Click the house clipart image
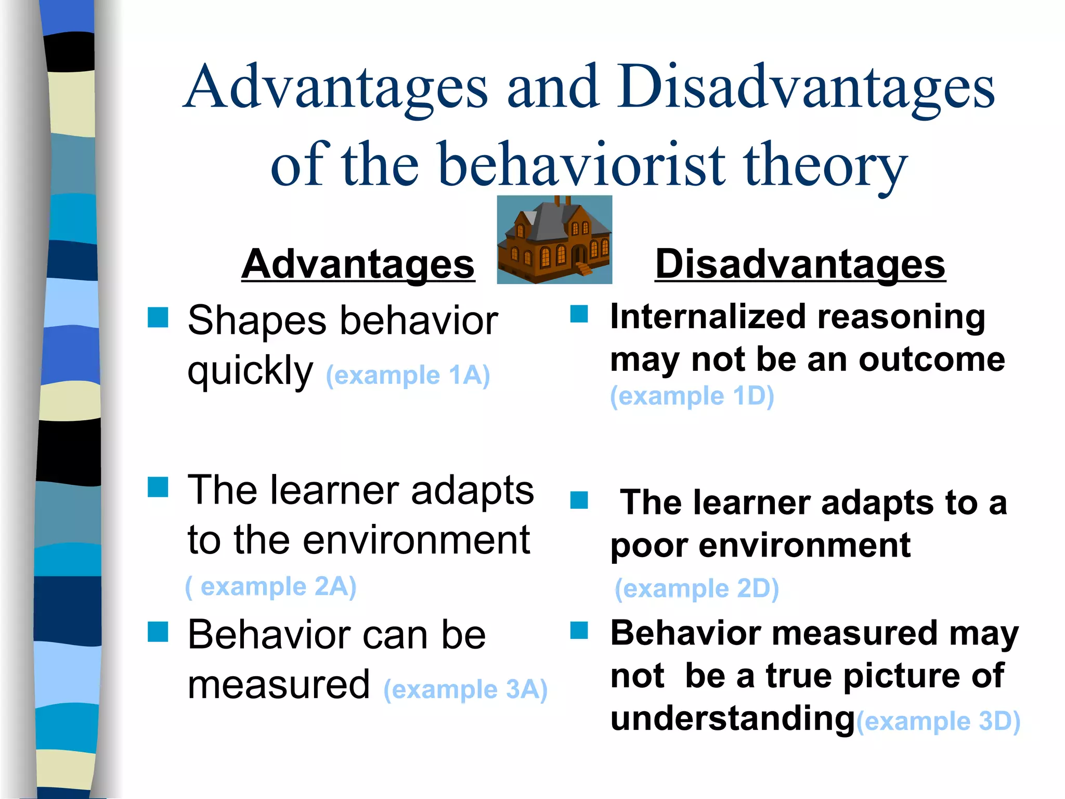pyautogui.click(x=554, y=239)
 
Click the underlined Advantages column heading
pyautogui.click(x=358, y=264)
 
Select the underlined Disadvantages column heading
pyautogui.click(x=800, y=264)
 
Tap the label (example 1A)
pyautogui.click(x=408, y=375)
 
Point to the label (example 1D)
pyautogui.click(x=692, y=396)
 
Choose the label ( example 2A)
pyautogui.click(x=270, y=587)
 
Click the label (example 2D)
pyautogui.click(x=696, y=589)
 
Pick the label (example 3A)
pyautogui.click(x=465, y=689)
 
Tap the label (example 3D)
pyautogui.click(x=938, y=721)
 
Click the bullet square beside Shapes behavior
pyautogui.click(x=158, y=317)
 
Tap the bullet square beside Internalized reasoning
pyautogui.click(x=579, y=314)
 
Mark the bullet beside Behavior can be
pyautogui.click(x=158, y=632)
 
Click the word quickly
pyautogui.click(x=250, y=371)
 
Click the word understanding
pyautogui.click(x=732, y=718)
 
